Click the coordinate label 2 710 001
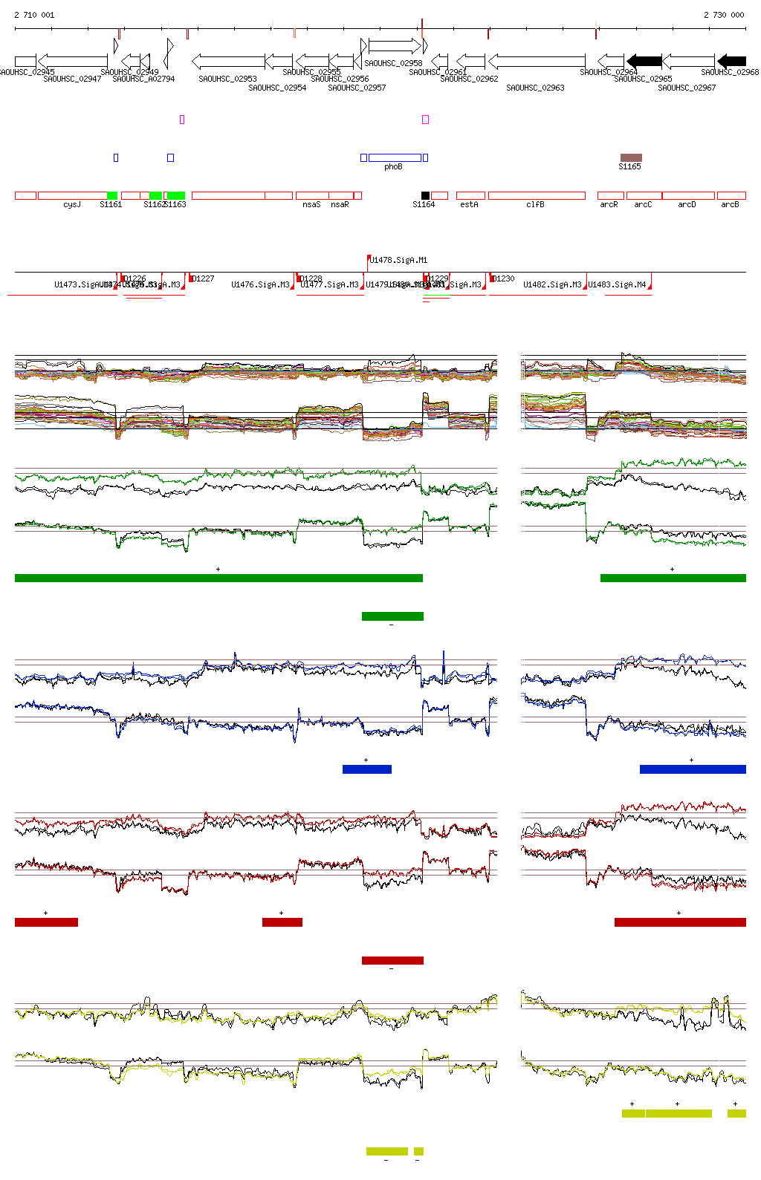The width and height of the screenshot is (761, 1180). tap(34, 15)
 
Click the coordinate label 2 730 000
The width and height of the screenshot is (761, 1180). tap(724, 15)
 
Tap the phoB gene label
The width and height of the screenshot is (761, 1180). tap(393, 167)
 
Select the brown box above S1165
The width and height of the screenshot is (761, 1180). tap(631, 157)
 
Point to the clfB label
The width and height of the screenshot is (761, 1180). tap(535, 205)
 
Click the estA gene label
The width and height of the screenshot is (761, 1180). tap(469, 205)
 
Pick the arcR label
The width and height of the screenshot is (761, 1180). tap(609, 205)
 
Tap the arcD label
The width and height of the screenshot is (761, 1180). tap(687, 205)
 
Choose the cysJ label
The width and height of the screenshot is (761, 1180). tap(72, 205)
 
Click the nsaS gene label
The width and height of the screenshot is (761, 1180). tap(311, 205)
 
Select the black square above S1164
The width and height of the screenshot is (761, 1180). tap(425, 195)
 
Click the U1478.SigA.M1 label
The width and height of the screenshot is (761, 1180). tap(398, 261)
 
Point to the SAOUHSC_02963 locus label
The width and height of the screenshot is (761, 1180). tap(535, 88)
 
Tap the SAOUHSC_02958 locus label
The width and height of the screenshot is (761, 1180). tap(393, 64)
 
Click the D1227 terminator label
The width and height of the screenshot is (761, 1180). tap(202, 279)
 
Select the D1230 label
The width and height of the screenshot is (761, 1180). tap(503, 279)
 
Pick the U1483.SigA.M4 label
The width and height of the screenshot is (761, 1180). tap(617, 285)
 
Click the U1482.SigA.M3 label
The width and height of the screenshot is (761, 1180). tap(552, 285)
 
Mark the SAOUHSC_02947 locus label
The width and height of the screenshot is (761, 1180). tap(72, 79)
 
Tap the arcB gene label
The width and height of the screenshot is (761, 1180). tap(730, 205)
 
